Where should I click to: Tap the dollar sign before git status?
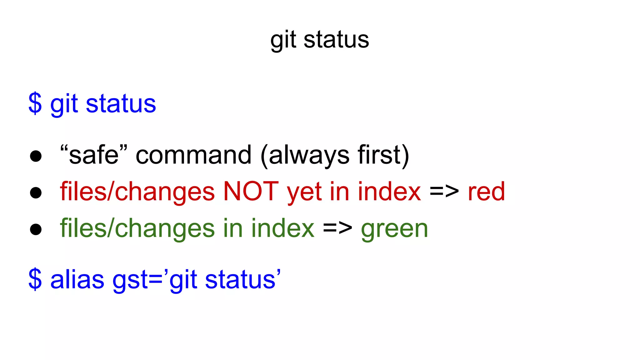pyautogui.click(x=35, y=103)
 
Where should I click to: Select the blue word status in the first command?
pyautogui.click(x=121, y=104)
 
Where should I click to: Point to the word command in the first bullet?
pyautogui.click(x=193, y=155)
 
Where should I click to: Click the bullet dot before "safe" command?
pyautogui.click(x=36, y=156)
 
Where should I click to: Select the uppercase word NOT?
pyautogui.click(x=251, y=191)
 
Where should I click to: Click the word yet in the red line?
pyautogui.click(x=304, y=192)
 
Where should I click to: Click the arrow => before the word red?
pyautogui.click(x=444, y=191)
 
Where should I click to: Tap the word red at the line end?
pyautogui.click(x=486, y=191)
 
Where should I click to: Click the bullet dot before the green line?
pyautogui.click(x=36, y=229)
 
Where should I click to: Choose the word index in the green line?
pyautogui.click(x=283, y=228)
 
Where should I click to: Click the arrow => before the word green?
pyautogui.click(x=337, y=228)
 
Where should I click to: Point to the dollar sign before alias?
pyautogui.click(x=35, y=279)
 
